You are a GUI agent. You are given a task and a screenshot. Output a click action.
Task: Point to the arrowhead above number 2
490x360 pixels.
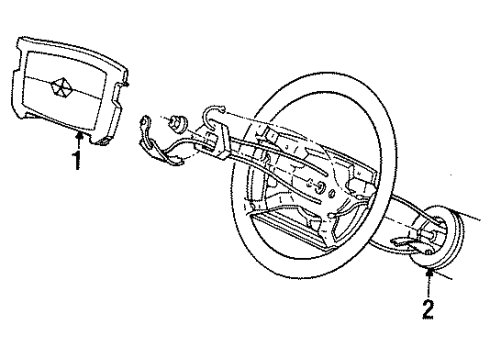click(x=431, y=267)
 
